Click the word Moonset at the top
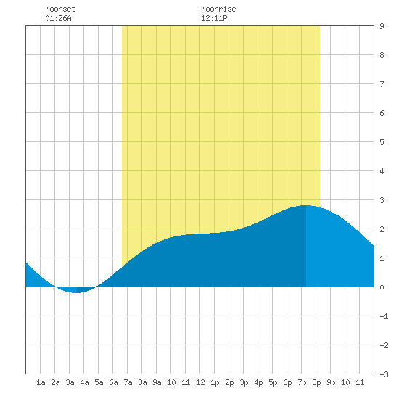[60, 9]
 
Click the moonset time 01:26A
[58, 18]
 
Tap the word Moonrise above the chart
[218, 9]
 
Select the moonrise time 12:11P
[214, 18]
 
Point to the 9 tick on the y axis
[382, 26]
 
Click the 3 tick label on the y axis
[382, 200]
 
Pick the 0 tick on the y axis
[382, 287]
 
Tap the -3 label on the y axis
[384, 374]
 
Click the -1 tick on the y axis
[384, 316]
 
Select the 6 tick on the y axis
[382, 113]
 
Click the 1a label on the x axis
[41, 382]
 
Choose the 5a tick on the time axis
[99, 382]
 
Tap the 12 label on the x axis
[200, 382]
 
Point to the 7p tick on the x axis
[302, 382]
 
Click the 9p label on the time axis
[331, 382]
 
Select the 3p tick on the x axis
[244, 382]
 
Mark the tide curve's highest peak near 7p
[305, 205]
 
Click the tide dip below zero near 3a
[76, 292]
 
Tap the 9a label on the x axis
[157, 382]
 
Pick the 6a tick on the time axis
[113, 382]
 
